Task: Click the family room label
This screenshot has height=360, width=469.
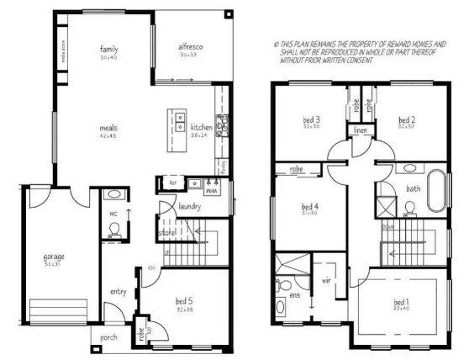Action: click(107, 49)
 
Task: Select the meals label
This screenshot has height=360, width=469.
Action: click(107, 128)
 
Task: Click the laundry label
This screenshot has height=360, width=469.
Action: click(189, 205)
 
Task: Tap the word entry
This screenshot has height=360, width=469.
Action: click(118, 292)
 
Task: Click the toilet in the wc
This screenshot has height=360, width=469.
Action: click(115, 229)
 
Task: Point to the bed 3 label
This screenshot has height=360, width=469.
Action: click(312, 120)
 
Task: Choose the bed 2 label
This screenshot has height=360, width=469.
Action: click(407, 120)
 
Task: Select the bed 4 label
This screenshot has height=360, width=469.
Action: click(310, 206)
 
